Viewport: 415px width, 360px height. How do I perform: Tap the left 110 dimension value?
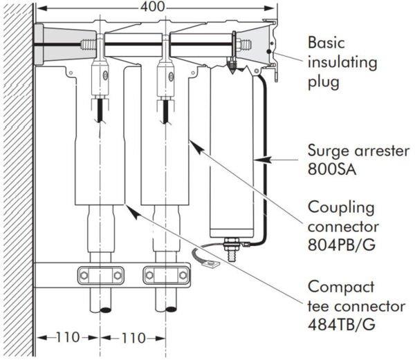coord(68,339)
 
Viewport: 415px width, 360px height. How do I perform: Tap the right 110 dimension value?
coord(133,339)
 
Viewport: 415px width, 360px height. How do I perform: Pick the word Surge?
coord(327,149)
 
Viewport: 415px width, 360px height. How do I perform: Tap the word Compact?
coord(337,287)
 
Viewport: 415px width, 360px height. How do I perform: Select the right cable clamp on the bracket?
coord(165,275)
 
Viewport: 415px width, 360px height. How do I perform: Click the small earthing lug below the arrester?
coord(205,260)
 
